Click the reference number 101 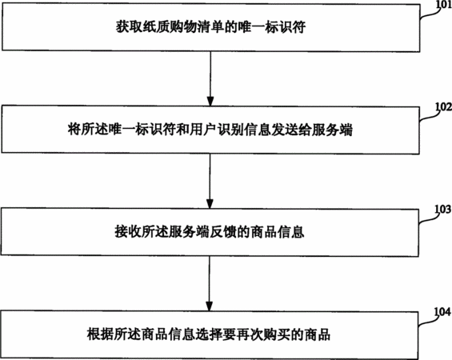tap(444, 5)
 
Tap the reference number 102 tap(444, 106)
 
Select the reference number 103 tap(442, 210)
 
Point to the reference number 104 tap(442, 312)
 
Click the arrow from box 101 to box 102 tap(210, 78)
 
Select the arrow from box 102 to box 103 tap(210, 181)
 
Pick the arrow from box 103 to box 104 tap(210, 284)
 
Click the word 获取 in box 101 tap(129, 27)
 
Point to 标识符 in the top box tap(285, 27)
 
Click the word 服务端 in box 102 tap(332, 130)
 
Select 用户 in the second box tap(203, 130)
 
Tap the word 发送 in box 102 tap(284, 130)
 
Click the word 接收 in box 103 tap(128, 232)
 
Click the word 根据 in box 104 tap(100, 334)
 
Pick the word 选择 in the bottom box tap(209, 334)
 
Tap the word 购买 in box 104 tap(277, 334)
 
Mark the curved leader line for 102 tap(430, 115)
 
